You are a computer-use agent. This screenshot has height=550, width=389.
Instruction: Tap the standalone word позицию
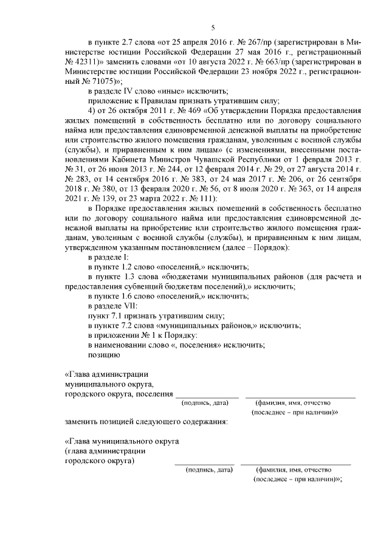point(104,354)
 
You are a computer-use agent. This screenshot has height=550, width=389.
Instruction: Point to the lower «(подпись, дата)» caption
point(210,470)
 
